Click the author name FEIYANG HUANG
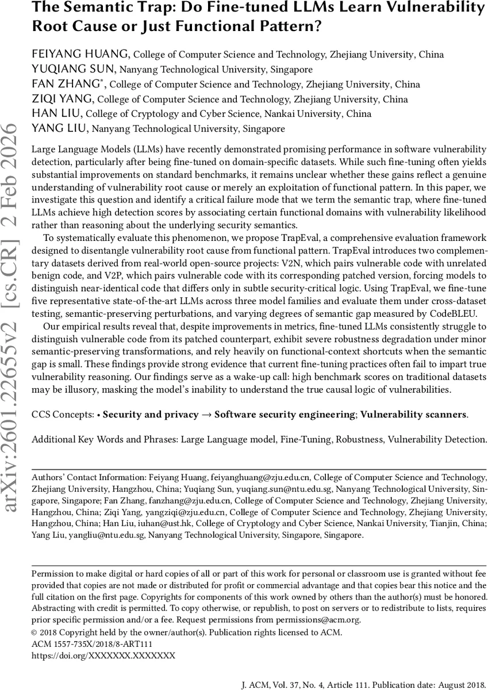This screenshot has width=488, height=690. [81, 55]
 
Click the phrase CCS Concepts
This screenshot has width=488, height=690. [63, 414]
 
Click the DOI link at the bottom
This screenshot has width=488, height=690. [103, 655]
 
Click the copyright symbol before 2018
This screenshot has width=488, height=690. [34, 632]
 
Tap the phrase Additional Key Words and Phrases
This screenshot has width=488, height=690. [104, 439]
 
